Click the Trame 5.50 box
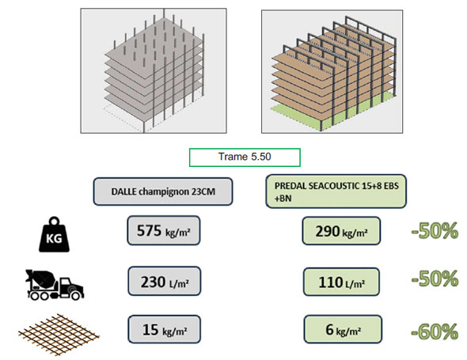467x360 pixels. (x=245, y=157)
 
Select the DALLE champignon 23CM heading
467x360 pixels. (x=163, y=191)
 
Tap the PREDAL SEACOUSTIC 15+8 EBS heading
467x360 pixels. (x=336, y=191)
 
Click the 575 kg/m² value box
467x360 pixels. (x=164, y=230)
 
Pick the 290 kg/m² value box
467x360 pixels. (x=341, y=231)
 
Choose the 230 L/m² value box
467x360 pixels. (x=165, y=281)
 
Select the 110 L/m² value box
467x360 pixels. (x=341, y=282)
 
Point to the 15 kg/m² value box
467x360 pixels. (x=165, y=329)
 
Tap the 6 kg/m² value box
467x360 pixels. (x=343, y=329)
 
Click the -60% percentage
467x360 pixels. (x=435, y=332)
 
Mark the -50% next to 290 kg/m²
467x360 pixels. (x=435, y=231)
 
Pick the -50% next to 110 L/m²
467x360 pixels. (x=435, y=279)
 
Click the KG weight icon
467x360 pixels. (x=54, y=235)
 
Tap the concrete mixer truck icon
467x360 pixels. (x=55, y=284)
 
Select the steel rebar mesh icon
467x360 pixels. (x=59, y=334)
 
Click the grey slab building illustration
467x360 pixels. (x=154, y=71)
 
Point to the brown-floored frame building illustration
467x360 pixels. (x=332, y=71)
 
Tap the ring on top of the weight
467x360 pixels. (x=55, y=221)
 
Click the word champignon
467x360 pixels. (x=164, y=191)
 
